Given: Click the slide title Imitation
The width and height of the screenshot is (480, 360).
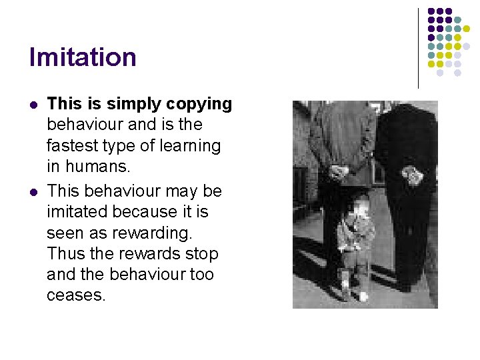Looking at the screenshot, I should [83, 57].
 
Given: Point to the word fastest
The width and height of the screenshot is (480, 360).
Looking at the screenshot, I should [71, 145].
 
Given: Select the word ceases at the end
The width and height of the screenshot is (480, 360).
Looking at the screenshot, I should [75, 295].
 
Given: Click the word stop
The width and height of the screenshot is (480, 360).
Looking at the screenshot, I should [203, 254].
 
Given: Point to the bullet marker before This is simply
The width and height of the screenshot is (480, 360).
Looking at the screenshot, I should [33, 105].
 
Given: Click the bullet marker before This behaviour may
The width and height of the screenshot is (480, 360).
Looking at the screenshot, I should [33, 192].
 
